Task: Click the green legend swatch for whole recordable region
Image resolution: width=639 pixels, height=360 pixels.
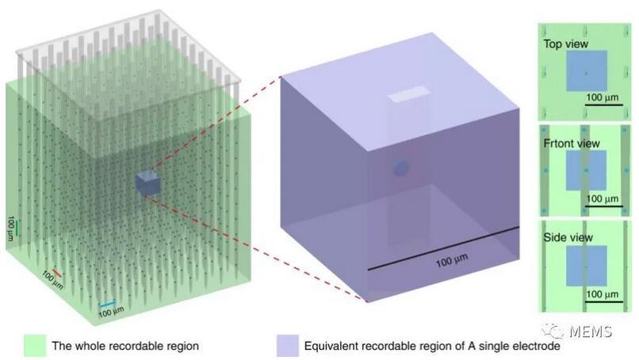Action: (35, 346)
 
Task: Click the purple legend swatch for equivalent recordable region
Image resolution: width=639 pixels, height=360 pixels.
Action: (287, 346)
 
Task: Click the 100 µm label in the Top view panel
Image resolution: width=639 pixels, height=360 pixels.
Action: (604, 96)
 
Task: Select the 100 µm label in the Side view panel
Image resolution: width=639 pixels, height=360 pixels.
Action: (603, 294)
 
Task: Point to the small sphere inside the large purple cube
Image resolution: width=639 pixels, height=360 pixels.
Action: (401, 168)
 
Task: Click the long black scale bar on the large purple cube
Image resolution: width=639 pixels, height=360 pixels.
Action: (443, 249)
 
